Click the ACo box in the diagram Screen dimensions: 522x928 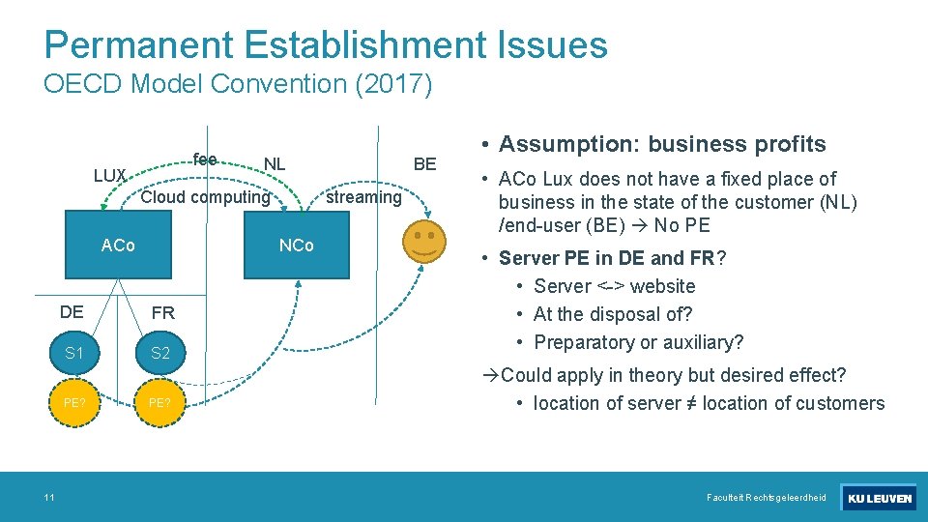pos(119,246)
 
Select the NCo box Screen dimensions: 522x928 pos(297,246)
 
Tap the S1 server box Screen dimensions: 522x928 pos(73,353)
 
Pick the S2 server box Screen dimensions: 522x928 pos(160,353)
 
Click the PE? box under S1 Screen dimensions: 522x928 pos(73,402)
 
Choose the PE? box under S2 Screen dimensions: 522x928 pos(160,402)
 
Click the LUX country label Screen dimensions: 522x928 pos(110,175)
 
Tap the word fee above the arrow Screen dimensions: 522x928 pos(204,159)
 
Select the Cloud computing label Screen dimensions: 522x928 pos(205,197)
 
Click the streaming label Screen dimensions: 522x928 pos(363,197)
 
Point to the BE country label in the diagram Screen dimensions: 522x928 pos(424,163)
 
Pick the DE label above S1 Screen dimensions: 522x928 pos(72,312)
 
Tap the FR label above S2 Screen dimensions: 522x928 pos(162,313)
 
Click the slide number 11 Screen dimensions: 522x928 pos(48,497)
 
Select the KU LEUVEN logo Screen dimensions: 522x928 pos(878,498)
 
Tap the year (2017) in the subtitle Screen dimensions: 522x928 pos(393,84)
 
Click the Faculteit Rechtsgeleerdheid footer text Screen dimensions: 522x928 pos(767,498)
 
